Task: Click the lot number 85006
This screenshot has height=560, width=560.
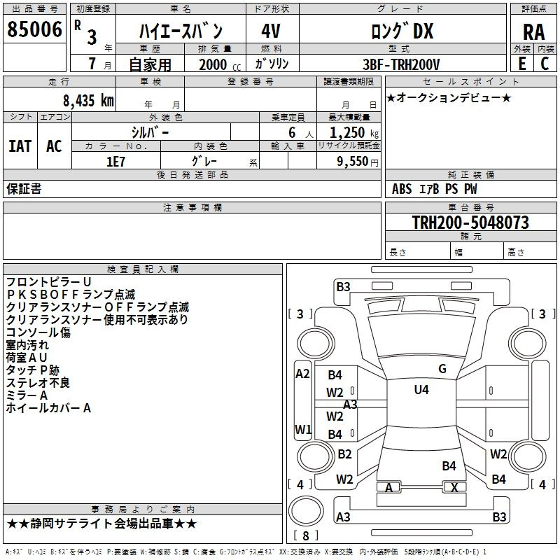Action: pos(34,29)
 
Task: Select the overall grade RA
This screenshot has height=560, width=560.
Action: pos(533,32)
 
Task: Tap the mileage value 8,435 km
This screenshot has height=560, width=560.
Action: pos(88,101)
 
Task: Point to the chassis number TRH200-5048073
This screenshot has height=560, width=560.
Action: pos(470,222)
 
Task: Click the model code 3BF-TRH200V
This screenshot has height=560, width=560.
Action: pos(401,64)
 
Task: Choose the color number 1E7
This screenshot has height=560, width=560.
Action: pos(115,162)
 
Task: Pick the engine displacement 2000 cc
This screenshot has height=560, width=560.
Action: pos(219,64)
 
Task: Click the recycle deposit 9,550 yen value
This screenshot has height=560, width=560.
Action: pos(357,162)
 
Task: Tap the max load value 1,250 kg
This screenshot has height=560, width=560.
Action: pos(353,133)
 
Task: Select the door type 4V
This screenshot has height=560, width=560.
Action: pos(271,31)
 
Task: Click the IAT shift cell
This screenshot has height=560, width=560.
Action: pos(20,146)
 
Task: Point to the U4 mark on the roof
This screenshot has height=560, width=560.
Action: pos(421,390)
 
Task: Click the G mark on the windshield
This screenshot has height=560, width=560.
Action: pos(442,369)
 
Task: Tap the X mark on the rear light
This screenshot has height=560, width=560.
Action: pos(454,487)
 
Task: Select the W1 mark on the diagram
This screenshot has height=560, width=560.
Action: pos(303,429)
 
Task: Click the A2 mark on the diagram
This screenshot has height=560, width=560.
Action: pos(302,374)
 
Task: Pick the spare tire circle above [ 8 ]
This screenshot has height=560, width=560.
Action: pos(306,511)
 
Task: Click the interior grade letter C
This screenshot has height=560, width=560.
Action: pos(545,64)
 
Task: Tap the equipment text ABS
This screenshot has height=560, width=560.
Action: pos(402,189)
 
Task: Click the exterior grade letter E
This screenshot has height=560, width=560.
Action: pos(521,64)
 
